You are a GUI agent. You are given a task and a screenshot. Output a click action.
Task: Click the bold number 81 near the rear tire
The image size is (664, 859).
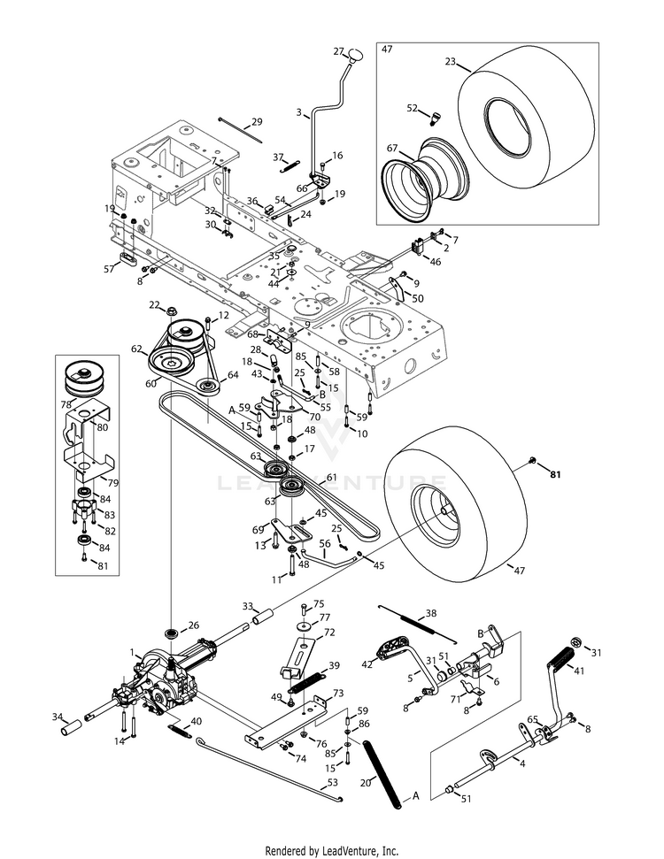[x=555, y=475]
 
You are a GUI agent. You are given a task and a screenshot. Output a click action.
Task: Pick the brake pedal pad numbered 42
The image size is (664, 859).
[x=390, y=648]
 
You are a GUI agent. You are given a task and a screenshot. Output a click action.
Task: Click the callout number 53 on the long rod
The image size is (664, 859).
[x=332, y=782]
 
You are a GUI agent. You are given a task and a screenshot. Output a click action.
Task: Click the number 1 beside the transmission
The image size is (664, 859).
[x=133, y=652]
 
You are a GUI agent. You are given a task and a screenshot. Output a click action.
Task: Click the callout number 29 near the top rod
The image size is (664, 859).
[x=257, y=121]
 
